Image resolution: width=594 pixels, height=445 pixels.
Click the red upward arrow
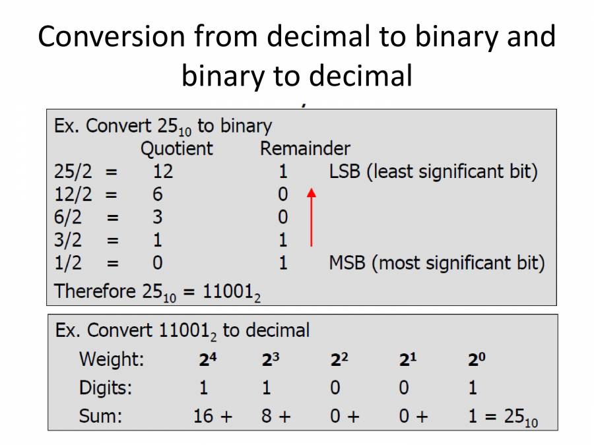[312, 218]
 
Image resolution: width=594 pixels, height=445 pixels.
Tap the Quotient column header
[177, 148]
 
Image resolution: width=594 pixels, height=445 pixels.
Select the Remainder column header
[305, 148]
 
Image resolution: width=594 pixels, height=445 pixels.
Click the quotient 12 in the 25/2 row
[162, 171]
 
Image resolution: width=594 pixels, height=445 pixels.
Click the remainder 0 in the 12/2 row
[283, 194]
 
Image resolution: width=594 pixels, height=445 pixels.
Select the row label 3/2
[68, 241]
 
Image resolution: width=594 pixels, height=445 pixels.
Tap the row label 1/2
[68, 264]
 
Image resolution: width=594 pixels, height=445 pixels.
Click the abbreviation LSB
[344, 171]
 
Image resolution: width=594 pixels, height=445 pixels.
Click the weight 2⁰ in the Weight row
[477, 360]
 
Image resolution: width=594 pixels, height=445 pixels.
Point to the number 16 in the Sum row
[203, 416]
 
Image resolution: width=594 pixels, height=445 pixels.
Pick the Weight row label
[112, 360]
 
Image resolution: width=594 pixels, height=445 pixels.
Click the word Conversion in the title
[111, 36]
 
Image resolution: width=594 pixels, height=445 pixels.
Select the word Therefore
[94, 291]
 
